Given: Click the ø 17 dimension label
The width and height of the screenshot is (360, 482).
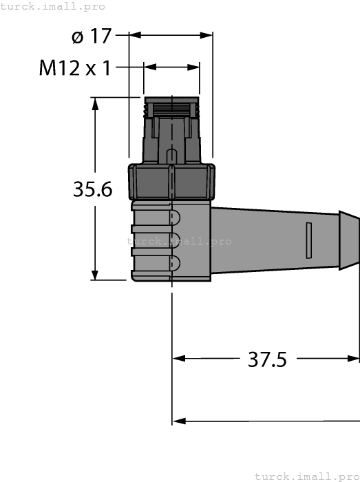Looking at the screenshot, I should pyautogui.click(x=91, y=36).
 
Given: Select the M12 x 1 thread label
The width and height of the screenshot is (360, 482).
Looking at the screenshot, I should pyautogui.click(x=76, y=68).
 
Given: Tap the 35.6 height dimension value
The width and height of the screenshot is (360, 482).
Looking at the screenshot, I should pyautogui.click(x=92, y=189).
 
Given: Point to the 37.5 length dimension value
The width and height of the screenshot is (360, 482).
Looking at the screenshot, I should pyautogui.click(x=266, y=359).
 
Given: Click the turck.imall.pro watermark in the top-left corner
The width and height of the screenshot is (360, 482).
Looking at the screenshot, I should pyautogui.click(x=53, y=6).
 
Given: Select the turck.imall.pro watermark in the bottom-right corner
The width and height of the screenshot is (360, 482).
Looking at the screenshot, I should pyautogui.click(x=306, y=476).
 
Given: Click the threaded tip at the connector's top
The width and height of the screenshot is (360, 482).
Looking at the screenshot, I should pyautogui.click(x=171, y=107).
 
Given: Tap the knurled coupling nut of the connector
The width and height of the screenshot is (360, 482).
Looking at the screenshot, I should pyautogui.click(x=171, y=180).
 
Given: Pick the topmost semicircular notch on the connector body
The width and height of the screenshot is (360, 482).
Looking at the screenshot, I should pyautogui.click(x=175, y=218).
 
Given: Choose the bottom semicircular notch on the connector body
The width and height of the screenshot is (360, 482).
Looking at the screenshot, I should pyautogui.click(x=175, y=263).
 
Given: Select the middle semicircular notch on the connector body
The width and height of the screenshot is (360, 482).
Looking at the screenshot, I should pyautogui.click(x=175, y=240).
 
